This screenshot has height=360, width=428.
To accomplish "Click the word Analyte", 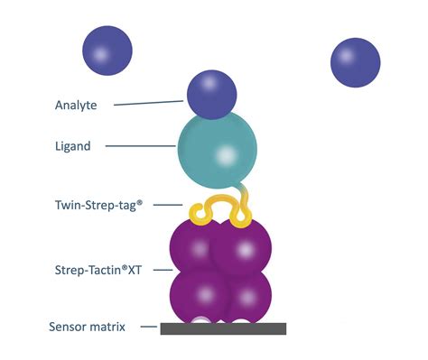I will click(76, 105).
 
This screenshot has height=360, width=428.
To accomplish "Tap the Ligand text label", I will click(73, 146).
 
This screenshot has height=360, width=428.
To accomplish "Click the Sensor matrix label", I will click(89, 326).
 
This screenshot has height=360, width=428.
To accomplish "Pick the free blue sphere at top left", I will click(107, 51).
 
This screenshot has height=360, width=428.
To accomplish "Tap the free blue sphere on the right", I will click(355, 62).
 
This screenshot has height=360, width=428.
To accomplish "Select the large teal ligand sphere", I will click(217, 148).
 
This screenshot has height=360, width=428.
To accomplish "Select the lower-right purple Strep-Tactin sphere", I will click(244, 294).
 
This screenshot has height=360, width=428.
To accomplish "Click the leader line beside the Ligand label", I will click(153, 146).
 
